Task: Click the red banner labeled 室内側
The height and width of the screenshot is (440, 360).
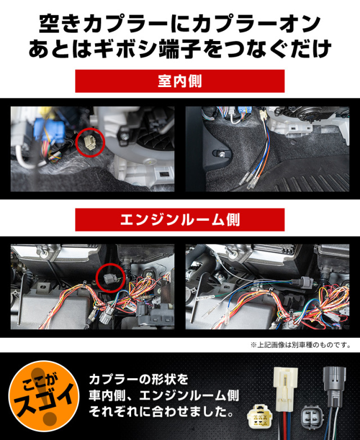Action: coord(180,81)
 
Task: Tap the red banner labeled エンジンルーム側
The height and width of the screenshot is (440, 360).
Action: coord(180,220)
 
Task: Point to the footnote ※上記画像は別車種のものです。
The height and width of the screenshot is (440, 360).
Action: coord(301,345)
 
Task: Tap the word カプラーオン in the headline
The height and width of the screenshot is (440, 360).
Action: coord(256,24)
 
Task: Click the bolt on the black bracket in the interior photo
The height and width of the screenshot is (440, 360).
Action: coord(222,153)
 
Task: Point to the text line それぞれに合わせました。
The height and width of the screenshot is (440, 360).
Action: coord(161,412)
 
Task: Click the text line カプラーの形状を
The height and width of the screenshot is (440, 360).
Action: coord(139,380)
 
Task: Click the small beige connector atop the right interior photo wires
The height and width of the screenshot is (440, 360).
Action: coord(263,114)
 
